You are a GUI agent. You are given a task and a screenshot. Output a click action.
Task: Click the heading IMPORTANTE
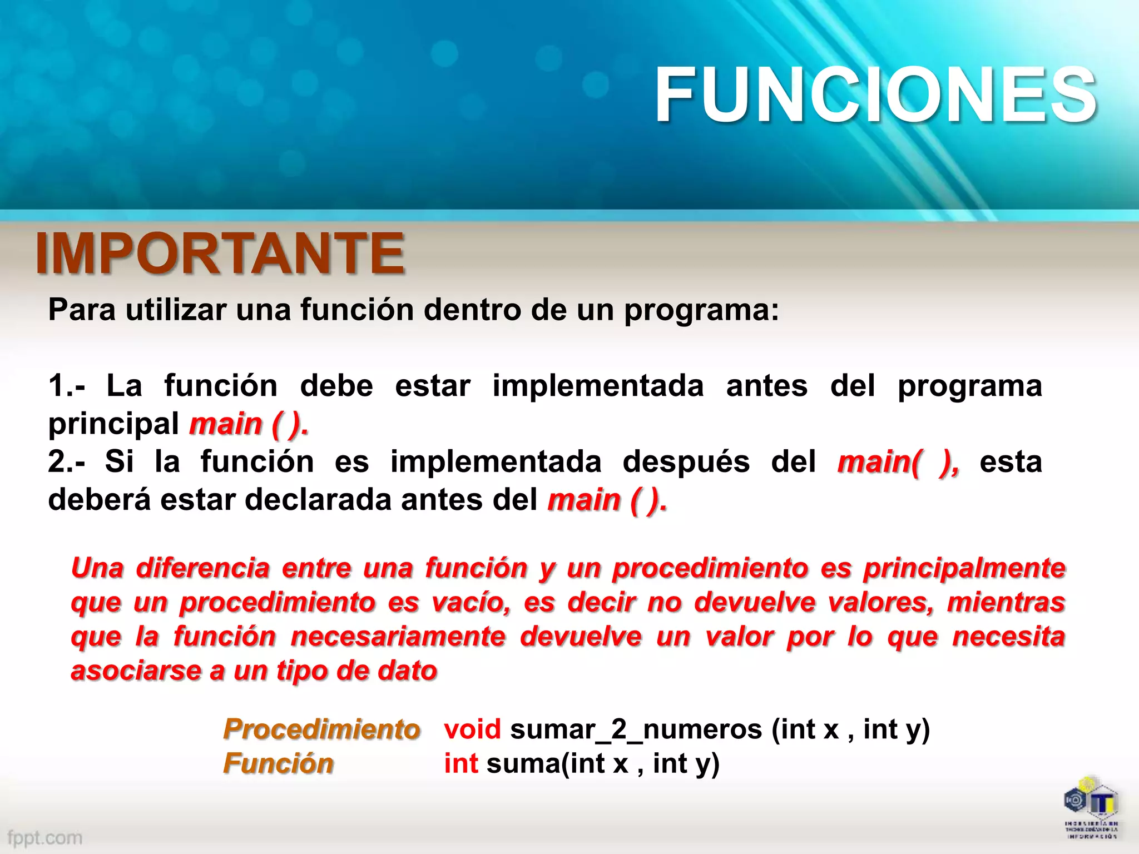[220, 254]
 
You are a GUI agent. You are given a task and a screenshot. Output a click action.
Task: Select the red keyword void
[472, 729]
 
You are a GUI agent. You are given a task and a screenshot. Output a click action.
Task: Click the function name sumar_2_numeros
[636, 730]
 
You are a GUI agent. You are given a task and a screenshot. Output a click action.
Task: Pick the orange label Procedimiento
[321, 729]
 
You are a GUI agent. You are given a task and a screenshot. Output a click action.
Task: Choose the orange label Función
[278, 763]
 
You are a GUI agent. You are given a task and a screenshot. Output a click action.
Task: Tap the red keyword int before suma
[460, 763]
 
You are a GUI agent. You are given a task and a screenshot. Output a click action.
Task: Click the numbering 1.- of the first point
[67, 386]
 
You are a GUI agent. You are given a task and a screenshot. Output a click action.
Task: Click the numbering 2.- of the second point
[67, 462]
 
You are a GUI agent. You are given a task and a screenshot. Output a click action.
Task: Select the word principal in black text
[113, 425]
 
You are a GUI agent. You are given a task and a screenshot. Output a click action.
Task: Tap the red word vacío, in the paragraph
[471, 603]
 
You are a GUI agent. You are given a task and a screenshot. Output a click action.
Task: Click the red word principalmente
[964, 569]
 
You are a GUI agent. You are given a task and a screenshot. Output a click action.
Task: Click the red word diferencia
[203, 568]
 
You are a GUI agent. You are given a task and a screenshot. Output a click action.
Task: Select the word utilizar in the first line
[176, 310]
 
